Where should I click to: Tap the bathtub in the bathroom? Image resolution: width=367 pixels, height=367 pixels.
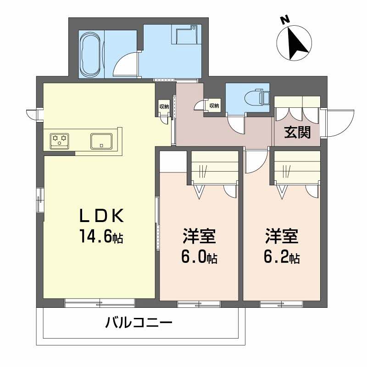pyautogui.click(x=90, y=55)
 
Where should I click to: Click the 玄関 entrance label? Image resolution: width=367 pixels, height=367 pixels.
pyautogui.click(x=297, y=132)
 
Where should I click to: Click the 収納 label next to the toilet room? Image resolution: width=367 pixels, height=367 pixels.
pyautogui.click(x=214, y=106)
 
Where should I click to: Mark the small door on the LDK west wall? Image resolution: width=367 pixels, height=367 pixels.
pyautogui.click(x=32, y=113)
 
